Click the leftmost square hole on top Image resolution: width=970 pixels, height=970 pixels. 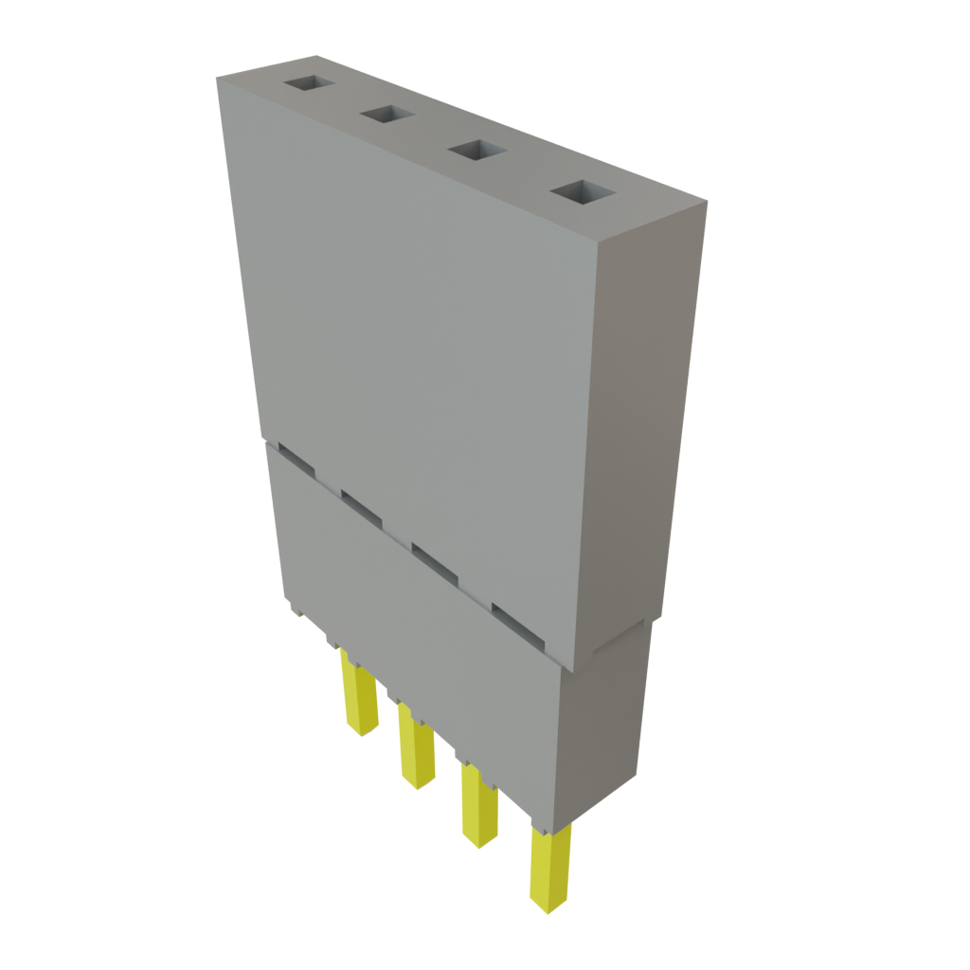pyautogui.click(x=309, y=85)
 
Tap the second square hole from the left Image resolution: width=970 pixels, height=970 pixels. pyautogui.click(x=386, y=116)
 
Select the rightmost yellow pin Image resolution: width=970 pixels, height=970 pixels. pyautogui.click(x=549, y=870)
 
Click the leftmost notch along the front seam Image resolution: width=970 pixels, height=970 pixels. pyautogui.click(x=296, y=463)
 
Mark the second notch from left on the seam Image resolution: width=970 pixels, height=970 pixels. pyautogui.click(x=361, y=508)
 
